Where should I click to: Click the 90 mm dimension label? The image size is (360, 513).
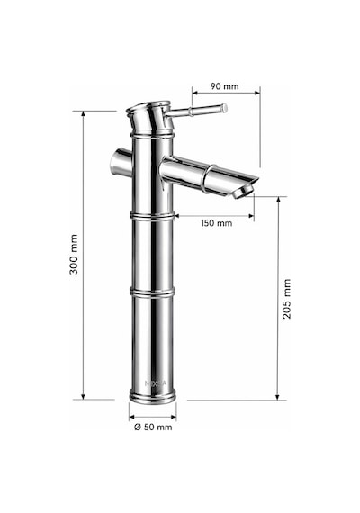coord(224,86)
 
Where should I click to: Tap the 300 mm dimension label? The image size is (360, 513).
coord(75,254)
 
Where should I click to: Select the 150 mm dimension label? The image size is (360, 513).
coord(217,223)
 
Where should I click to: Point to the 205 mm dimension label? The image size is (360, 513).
coord(287,299)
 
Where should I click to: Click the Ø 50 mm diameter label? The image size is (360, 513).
coord(153,427)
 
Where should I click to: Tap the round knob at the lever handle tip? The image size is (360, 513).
coord(224,108)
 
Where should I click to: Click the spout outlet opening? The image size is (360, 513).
coord(244,192)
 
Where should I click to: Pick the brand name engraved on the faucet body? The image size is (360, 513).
coord(156,383)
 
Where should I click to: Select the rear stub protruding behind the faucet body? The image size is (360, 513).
coord(121,163)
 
